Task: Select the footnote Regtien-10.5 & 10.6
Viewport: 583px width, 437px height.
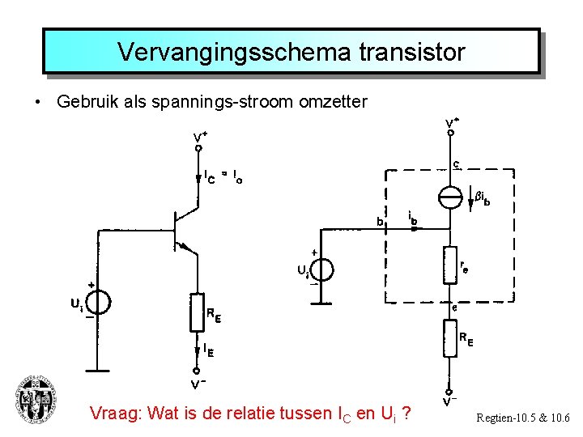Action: click(x=523, y=418)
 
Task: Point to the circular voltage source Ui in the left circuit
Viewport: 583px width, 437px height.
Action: click(x=97, y=303)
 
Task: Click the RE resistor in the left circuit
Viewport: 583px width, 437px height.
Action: click(x=197, y=312)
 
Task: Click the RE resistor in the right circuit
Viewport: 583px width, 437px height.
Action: click(x=450, y=338)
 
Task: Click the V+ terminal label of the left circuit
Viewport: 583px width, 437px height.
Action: click(x=199, y=137)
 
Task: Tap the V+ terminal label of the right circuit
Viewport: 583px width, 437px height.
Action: click(x=453, y=123)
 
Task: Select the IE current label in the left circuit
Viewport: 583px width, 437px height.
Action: click(x=209, y=351)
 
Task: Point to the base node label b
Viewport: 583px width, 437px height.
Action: click(x=378, y=220)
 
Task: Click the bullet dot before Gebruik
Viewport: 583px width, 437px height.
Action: click(x=37, y=103)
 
